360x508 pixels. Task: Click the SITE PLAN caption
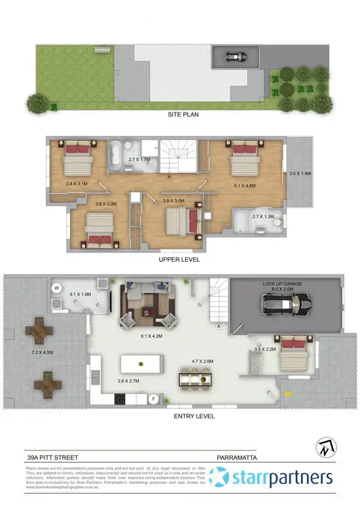[x=183, y=114]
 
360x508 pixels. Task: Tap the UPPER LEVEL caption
[x=179, y=260]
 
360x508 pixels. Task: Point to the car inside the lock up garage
[x=285, y=305]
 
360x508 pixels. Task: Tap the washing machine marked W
[x=57, y=287]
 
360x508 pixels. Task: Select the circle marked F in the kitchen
[x=154, y=397]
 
